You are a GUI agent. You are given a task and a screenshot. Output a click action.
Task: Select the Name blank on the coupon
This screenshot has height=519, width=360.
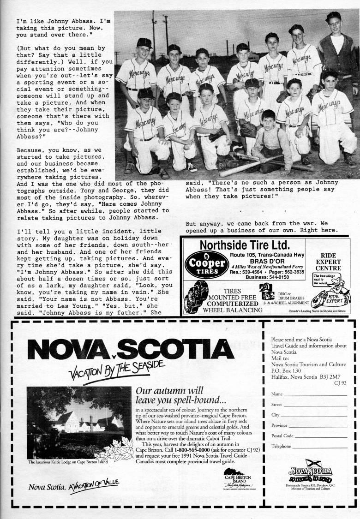click(x=315, y=395)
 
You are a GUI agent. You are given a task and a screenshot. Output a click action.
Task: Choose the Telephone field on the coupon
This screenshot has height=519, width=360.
click(x=319, y=447)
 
